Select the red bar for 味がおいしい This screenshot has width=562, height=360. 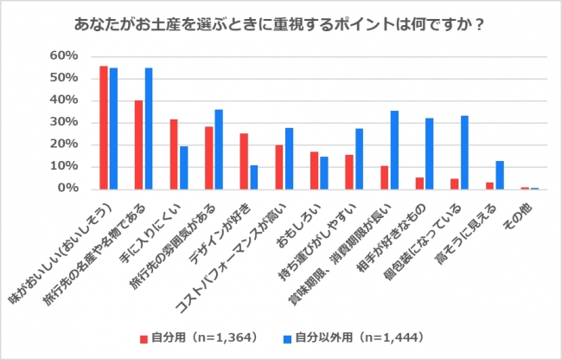point(104,127)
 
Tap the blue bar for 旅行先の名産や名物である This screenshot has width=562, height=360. point(149,128)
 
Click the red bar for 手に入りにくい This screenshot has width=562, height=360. point(174,154)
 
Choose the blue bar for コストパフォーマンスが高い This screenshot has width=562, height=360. point(289,158)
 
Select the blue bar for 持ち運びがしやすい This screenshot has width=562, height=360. point(359,158)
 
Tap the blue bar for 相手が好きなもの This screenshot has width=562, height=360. point(429,153)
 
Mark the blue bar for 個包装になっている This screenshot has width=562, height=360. point(464,152)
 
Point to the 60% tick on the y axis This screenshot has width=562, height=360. point(66,56)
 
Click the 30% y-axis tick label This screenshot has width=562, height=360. point(66,122)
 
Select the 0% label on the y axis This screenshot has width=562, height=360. point(69,189)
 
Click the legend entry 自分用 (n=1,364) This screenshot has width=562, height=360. point(195,335)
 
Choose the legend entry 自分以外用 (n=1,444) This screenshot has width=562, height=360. point(351,335)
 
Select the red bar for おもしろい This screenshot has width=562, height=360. point(314,170)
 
